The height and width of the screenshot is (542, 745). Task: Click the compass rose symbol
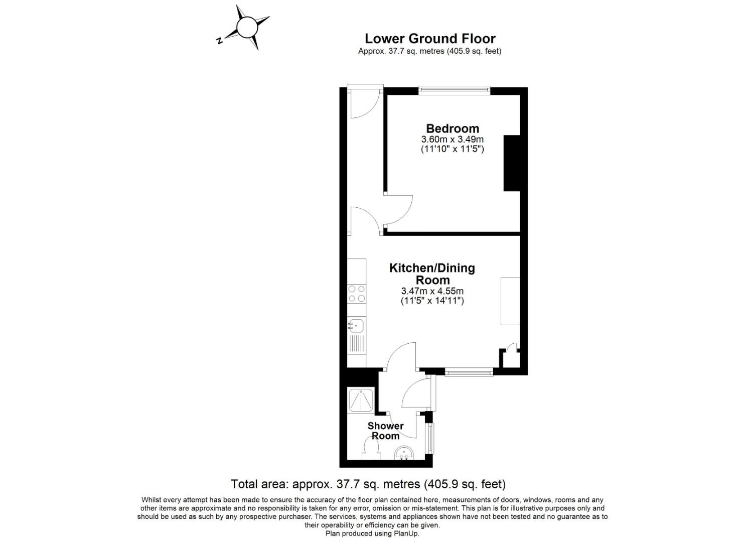[246, 28]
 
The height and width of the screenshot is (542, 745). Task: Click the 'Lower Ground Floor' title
[429, 39]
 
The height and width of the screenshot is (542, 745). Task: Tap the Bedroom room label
[452, 128]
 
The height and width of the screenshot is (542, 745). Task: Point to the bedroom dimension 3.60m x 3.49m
[452, 139]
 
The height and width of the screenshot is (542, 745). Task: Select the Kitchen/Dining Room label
[432, 274]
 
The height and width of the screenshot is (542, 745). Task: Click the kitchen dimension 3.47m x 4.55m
[432, 291]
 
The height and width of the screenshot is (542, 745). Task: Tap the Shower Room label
[385, 431]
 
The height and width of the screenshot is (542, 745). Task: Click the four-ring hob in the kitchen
[357, 294]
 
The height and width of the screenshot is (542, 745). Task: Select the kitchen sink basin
[356, 326]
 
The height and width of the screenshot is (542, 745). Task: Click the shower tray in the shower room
[360, 400]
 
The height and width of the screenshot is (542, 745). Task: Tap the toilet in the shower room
[371, 448]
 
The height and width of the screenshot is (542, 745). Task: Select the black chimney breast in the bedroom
[511, 163]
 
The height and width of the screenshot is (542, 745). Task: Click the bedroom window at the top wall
[454, 90]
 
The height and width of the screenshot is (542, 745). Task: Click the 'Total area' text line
[368, 484]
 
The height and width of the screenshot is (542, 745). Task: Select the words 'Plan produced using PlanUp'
[372, 533]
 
